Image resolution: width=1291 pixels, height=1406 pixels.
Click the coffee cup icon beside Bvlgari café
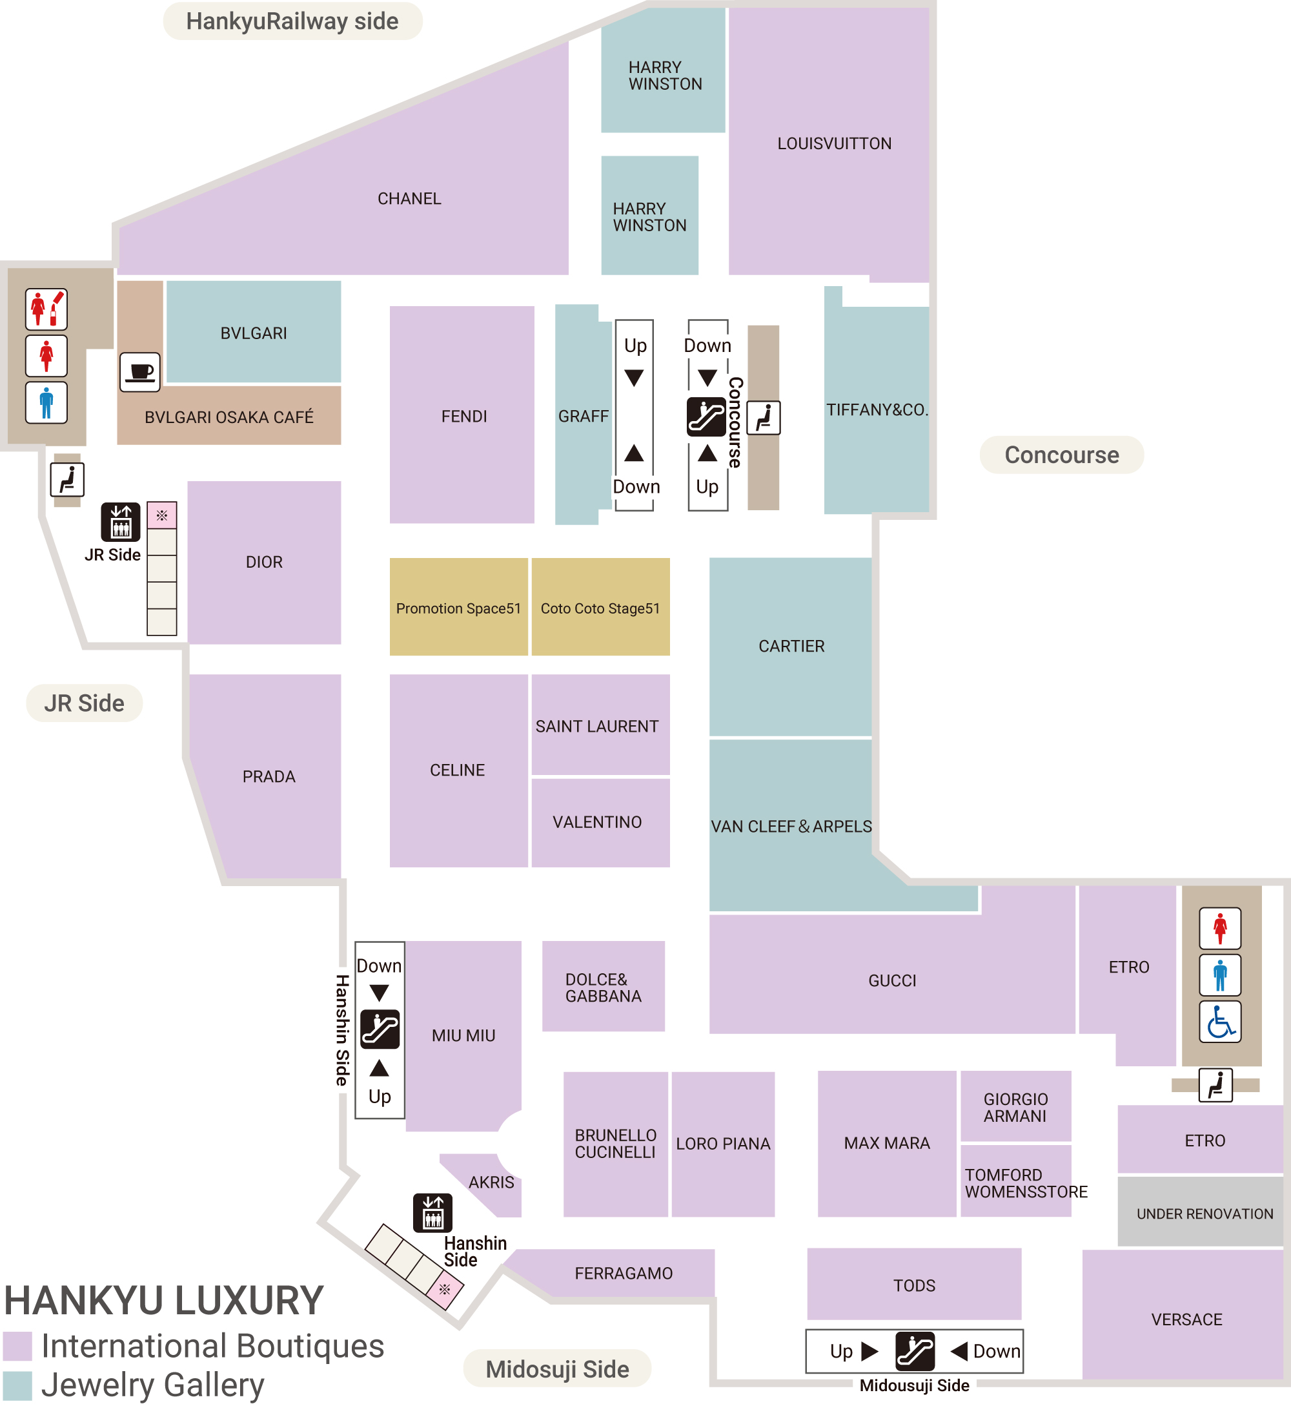point(139,372)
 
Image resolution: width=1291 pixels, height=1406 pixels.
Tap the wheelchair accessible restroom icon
point(1220,1022)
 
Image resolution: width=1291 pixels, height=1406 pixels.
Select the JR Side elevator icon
point(121,522)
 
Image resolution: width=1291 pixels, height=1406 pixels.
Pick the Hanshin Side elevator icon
point(432,1212)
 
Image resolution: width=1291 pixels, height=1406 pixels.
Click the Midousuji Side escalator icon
point(915,1352)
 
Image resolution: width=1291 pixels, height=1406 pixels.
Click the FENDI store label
point(464,417)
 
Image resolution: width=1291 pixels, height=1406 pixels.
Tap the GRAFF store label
point(584,417)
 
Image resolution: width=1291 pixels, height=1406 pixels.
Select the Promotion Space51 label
point(458,608)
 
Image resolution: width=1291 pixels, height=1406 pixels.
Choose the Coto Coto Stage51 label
point(600,608)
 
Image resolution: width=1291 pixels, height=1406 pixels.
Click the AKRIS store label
point(491,1183)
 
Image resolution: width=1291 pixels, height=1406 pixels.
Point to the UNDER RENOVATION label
point(1205,1214)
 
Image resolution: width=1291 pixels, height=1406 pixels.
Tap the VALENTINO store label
point(596,822)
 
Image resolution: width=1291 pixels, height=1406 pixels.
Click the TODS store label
point(914,1286)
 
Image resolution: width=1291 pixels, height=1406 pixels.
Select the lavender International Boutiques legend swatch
point(17,1346)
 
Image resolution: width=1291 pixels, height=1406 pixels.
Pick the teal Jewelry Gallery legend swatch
point(17,1386)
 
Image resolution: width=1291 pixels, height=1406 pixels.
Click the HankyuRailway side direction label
point(292,21)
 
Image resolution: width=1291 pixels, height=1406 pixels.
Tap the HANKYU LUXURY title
point(163,1301)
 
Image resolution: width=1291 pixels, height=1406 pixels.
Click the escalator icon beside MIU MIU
point(380,1029)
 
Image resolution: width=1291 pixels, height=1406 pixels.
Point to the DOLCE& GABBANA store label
point(603,987)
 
